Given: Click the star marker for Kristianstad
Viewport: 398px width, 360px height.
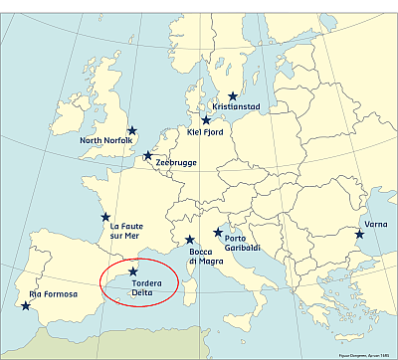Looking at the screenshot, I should [234, 97].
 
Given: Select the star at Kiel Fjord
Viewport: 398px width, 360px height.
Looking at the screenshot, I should [206, 119].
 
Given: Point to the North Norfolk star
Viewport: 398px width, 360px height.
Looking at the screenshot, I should [131, 130].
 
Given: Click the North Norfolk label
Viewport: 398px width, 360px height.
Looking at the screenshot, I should [108, 141].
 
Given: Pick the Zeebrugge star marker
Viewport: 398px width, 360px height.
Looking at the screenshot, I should [147, 155].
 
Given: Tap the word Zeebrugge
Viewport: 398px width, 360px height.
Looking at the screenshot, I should [176, 161].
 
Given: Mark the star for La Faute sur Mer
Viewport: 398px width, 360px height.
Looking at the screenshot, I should [103, 217].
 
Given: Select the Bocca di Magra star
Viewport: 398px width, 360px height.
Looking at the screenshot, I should [189, 240].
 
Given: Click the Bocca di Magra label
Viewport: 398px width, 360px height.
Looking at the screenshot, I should [207, 257].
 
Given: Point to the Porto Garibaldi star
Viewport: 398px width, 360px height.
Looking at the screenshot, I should [218, 233].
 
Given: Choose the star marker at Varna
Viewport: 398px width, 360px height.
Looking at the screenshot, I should [359, 235].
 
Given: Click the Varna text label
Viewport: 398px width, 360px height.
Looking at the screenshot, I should [376, 224].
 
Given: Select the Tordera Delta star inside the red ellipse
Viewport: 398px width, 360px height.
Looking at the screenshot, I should [133, 271].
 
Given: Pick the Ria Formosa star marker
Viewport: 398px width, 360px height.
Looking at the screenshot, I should [25, 305].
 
